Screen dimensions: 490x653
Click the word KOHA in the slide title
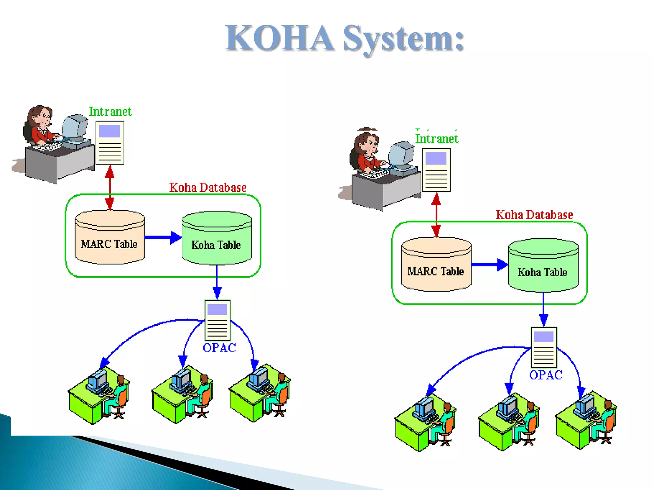280,38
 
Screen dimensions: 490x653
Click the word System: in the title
403,39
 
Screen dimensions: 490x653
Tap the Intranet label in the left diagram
110,112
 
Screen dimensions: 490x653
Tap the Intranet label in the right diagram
437,139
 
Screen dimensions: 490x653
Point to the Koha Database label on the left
208,188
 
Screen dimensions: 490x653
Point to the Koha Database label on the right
534,215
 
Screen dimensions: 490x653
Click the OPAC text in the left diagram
219,348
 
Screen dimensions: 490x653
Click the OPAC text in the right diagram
546,375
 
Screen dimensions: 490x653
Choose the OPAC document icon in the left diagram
217,320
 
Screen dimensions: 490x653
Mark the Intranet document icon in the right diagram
436,170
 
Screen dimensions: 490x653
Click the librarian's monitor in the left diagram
75,127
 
